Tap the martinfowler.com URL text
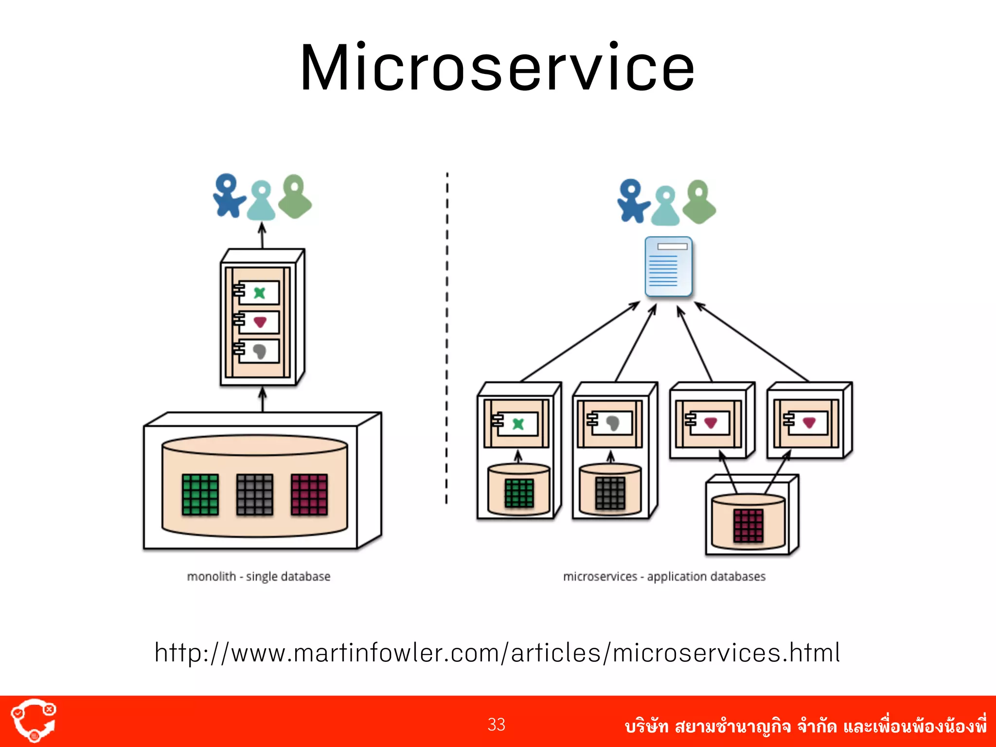[x=497, y=653]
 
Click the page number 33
[x=496, y=725]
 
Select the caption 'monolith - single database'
[x=258, y=576]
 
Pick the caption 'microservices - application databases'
[x=664, y=576]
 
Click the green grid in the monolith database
[x=200, y=495]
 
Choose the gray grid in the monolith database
[x=254, y=495]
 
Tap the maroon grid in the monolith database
[x=309, y=495]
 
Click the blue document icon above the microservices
[x=668, y=267]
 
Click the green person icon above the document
[x=699, y=202]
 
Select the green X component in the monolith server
[x=260, y=293]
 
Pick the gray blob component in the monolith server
[x=260, y=351]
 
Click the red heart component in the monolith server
[x=260, y=322]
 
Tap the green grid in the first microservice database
[x=519, y=493]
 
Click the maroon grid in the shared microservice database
[x=748, y=525]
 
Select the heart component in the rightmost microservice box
[x=808, y=423]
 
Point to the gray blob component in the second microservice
[x=612, y=423]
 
